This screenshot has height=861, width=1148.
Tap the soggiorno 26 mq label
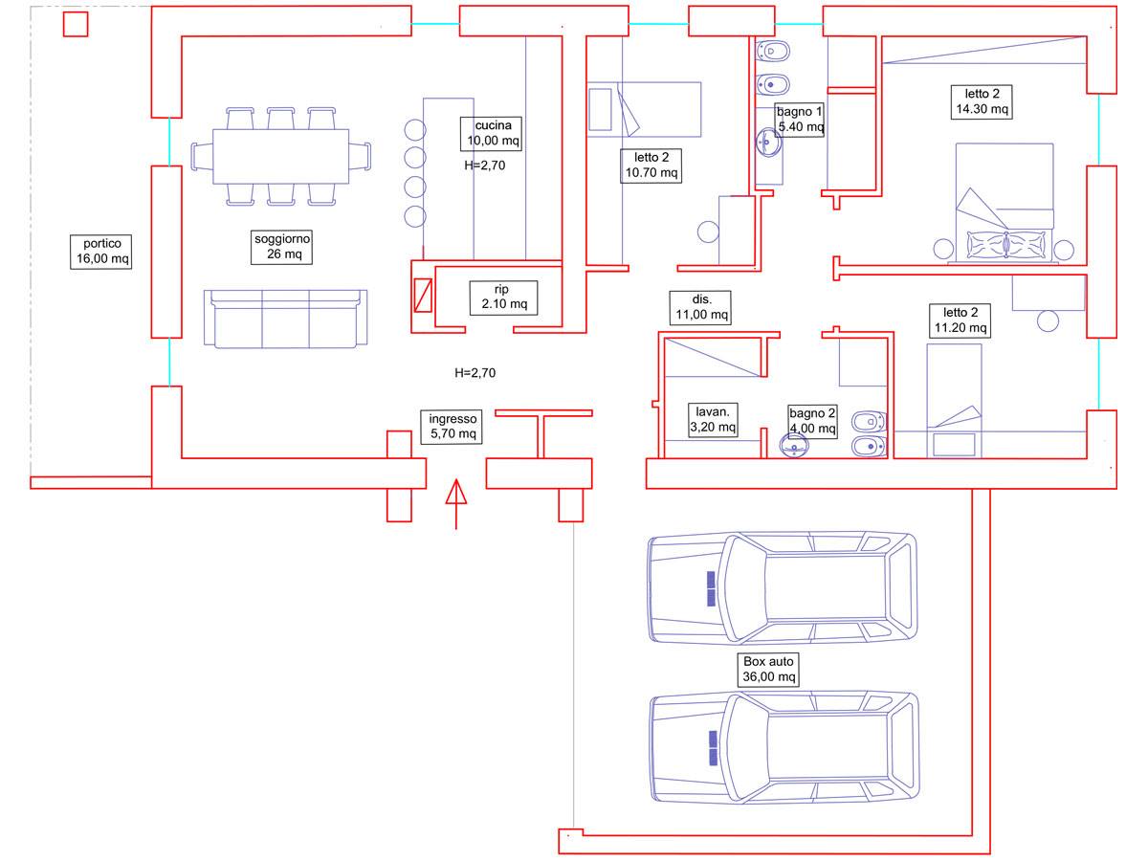click(283, 247)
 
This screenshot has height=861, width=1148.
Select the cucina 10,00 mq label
click(494, 133)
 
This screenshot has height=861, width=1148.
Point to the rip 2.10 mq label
click(504, 297)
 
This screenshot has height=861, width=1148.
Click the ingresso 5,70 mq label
click(453, 426)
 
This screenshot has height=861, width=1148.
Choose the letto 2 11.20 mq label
click(960, 320)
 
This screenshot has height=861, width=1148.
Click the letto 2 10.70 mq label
click(651, 166)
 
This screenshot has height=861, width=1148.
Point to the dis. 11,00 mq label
click(699, 307)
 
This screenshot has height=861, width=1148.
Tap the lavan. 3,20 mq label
click(714, 419)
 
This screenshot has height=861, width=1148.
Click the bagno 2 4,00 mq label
click(812, 420)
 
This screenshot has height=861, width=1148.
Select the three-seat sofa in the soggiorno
click(285, 319)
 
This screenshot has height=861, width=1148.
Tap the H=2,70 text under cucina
click(485, 165)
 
